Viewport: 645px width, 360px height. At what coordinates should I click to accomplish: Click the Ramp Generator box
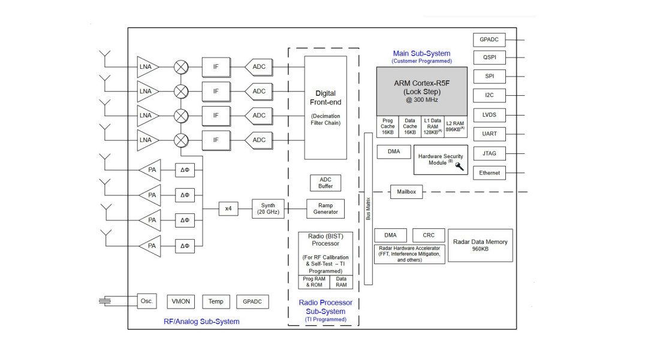click(x=325, y=208)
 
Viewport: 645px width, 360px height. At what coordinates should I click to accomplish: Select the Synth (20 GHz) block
click(x=268, y=208)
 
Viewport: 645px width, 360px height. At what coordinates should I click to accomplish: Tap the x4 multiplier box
click(x=228, y=208)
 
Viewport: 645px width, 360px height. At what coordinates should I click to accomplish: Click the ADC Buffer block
click(x=325, y=183)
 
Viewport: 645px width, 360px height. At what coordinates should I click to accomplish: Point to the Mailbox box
click(x=406, y=192)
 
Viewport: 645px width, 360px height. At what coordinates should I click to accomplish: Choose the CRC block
click(x=429, y=235)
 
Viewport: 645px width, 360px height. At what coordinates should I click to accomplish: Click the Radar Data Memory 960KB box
click(x=480, y=245)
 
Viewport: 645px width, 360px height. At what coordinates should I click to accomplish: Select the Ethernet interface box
click(x=489, y=173)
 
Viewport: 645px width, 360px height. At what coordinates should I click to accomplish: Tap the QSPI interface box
click(x=489, y=58)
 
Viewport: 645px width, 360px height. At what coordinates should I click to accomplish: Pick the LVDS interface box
click(x=489, y=115)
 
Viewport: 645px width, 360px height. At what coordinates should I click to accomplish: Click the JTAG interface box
click(x=489, y=153)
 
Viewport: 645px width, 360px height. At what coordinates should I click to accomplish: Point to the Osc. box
click(x=147, y=301)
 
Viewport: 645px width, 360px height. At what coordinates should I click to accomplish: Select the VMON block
click(x=180, y=301)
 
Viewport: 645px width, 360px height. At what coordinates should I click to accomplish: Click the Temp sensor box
click(x=216, y=301)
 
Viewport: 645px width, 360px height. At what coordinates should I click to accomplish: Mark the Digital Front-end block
click(x=325, y=108)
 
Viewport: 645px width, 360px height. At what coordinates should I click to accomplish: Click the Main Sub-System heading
click(x=421, y=54)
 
